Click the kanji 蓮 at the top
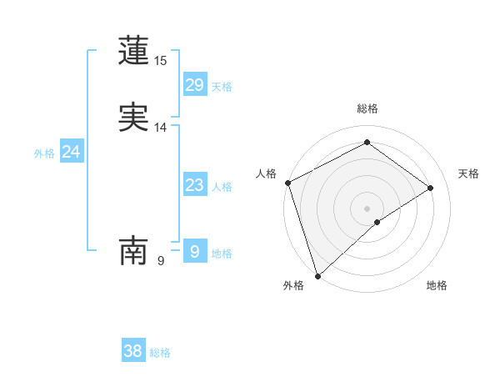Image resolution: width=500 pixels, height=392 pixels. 134,51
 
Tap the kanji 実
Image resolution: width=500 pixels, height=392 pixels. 134,118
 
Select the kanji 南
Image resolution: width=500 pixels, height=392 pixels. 134,250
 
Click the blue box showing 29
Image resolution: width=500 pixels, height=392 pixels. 195,85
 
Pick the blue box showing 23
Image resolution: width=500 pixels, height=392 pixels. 195,185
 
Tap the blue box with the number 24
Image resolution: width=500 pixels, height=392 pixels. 72,152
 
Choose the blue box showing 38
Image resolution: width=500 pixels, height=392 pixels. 133,351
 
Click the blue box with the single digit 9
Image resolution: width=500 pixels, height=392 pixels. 195,251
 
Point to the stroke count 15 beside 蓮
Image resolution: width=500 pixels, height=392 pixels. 161,61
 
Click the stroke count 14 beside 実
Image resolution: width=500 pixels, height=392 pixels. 161,128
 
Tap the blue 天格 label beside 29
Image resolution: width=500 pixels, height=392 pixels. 222,87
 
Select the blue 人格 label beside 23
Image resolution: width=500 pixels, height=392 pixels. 222,187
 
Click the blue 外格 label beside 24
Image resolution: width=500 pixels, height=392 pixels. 44,153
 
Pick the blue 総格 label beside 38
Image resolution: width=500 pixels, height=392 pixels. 160,353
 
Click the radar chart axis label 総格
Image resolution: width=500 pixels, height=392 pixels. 367,108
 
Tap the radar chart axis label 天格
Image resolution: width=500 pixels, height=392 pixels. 469,173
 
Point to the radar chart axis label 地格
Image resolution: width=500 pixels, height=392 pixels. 437,285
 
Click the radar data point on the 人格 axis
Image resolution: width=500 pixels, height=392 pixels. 287,183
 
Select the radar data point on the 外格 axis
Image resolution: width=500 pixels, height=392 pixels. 317,275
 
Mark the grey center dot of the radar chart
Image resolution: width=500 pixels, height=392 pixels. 367,208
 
